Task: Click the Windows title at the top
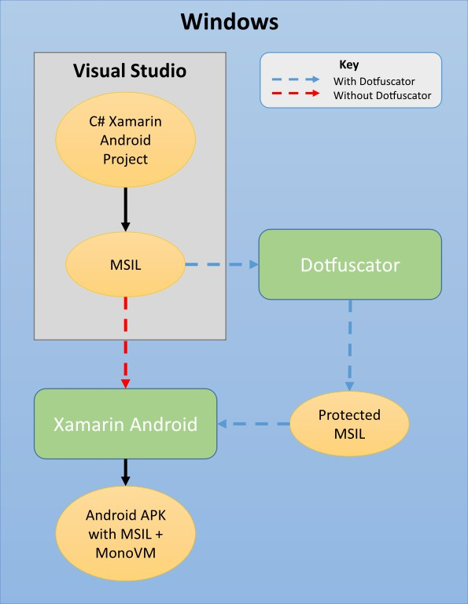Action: tap(229, 21)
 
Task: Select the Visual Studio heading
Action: tap(130, 71)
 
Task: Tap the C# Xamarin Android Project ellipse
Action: tap(125, 141)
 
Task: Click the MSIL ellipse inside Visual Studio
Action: tap(125, 265)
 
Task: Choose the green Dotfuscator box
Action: tap(350, 265)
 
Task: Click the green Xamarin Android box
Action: tap(125, 425)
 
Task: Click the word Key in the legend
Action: tap(348, 64)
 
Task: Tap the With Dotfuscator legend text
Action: tap(373, 80)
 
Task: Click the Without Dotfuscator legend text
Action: tap(382, 96)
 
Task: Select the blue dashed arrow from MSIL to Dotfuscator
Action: tap(221, 265)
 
